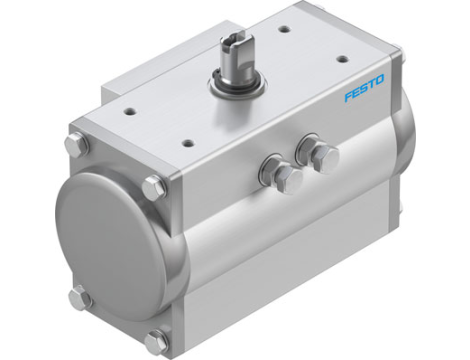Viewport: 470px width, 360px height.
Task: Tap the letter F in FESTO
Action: click(347, 99)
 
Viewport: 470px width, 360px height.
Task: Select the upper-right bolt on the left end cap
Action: click(152, 186)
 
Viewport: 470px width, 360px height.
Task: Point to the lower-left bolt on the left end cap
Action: click(80, 295)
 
